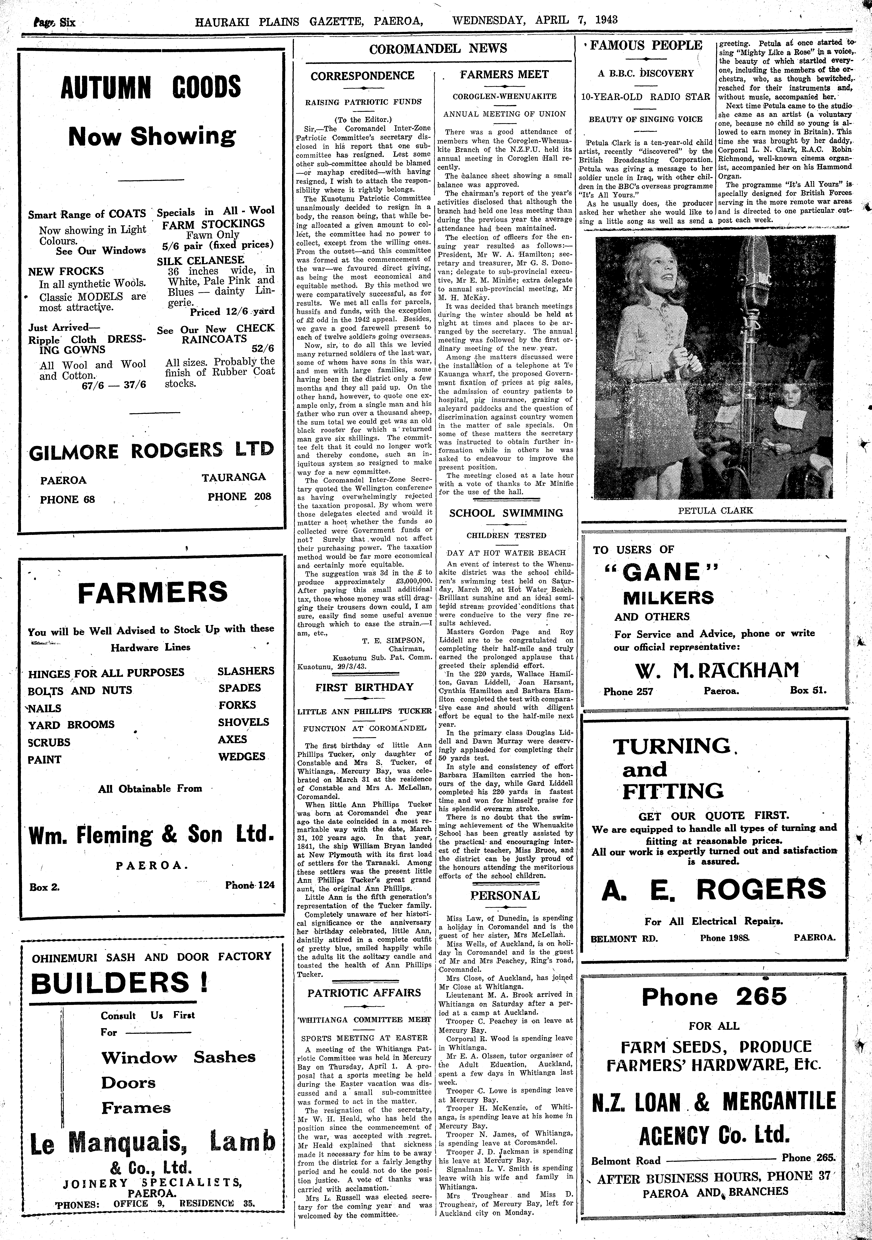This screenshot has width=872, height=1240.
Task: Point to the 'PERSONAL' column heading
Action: pos(505,895)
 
